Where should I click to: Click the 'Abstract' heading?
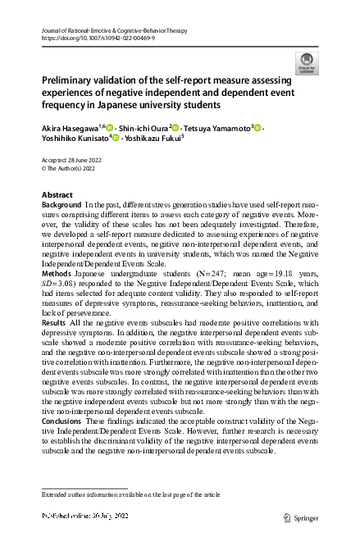[57, 194]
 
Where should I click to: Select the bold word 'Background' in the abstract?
[62, 203]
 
